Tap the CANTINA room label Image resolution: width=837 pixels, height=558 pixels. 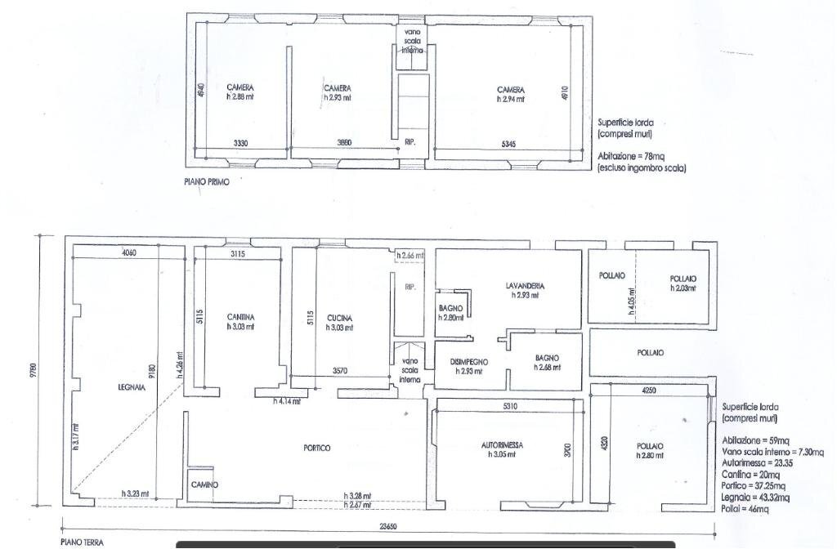click(x=241, y=317)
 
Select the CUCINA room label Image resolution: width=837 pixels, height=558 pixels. click(x=338, y=317)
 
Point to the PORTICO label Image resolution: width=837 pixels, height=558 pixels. click(x=316, y=448)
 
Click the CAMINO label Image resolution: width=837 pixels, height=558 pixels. click(x=204, y=484)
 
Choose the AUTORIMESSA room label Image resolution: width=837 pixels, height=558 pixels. click(x=502, y=445)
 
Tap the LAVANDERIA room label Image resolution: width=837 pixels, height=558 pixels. click(x=525, y=286)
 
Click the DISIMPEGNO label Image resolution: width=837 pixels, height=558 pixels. click(x=469, y=361)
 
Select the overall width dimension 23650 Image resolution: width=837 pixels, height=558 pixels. click(x=387, y=527)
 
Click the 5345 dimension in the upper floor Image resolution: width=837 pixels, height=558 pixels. click(x=508, y=143)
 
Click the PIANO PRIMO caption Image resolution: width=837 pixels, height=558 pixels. click(x=206, y=182)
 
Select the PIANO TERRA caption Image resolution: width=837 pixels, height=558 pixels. click(x=82, y=542)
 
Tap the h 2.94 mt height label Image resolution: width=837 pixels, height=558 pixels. click(x=511, y=99)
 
